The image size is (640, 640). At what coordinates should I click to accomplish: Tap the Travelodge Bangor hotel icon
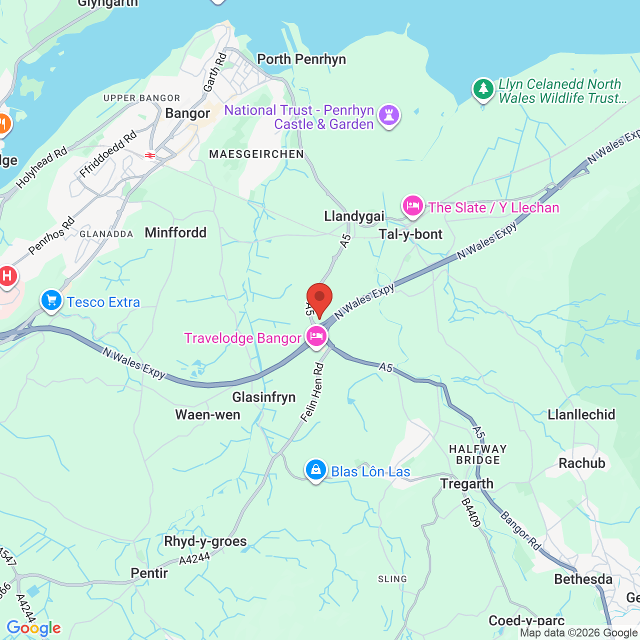(316, 336)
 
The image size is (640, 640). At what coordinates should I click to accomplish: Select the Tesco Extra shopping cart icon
(51, 300)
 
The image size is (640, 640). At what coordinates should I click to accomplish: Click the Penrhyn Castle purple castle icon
(389, 115)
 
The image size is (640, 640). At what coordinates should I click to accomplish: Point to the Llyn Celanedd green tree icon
(483, 89)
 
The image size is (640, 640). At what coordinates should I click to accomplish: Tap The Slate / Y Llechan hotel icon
(413, 205)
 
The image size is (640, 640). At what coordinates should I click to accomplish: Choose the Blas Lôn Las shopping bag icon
(316, 470)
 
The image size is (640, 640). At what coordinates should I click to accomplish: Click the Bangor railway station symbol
(150, 155)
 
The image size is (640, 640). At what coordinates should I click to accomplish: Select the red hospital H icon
(7, 276)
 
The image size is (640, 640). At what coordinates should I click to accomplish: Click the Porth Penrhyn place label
(301, 59)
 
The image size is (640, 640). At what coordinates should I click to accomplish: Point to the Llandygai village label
(354, 216)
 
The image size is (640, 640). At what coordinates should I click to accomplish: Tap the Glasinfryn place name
(264, 397)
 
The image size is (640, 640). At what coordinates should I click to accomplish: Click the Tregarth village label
(466, 483)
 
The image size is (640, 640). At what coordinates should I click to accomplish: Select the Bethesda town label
(583, 579)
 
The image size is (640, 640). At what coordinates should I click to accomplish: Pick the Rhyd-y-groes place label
(205, 541)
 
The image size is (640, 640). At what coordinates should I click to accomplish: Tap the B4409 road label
(470, 512)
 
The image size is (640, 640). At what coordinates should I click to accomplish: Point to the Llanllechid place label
(581, 414)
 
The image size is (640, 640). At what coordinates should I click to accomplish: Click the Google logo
(33, 628)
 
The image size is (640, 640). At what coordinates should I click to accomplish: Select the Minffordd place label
(175, 232)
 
